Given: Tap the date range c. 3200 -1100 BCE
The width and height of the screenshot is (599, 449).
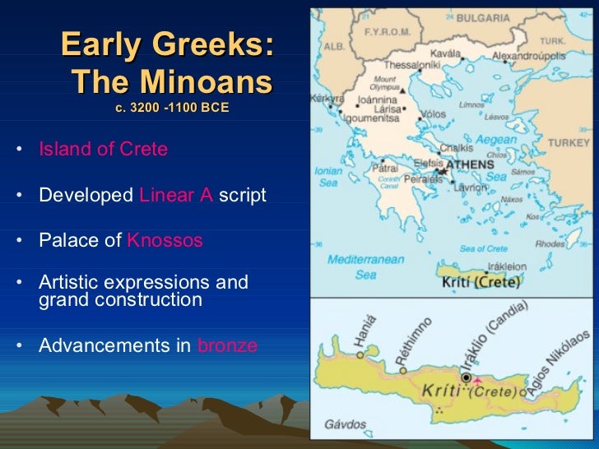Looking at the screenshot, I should (172, 108).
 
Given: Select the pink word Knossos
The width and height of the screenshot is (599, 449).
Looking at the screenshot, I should (165, 241).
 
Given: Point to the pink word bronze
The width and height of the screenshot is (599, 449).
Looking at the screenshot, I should (227, 345).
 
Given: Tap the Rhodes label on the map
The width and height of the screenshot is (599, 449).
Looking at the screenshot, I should (550, 243).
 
